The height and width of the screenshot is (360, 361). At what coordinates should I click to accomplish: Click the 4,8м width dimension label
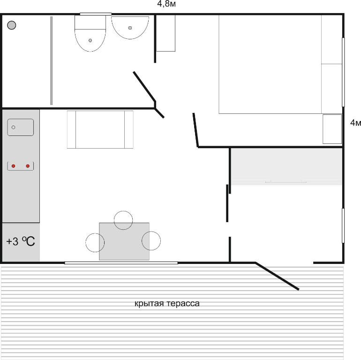166,4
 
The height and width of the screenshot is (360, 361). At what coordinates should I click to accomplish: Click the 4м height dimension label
355,123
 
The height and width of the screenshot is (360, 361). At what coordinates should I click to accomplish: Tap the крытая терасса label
167,303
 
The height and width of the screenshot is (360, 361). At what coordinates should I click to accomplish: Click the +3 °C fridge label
21,241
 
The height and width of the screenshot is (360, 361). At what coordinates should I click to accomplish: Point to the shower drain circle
12,25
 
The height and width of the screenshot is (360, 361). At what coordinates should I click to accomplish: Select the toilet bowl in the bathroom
90,33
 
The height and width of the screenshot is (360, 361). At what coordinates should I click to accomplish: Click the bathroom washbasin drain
130,28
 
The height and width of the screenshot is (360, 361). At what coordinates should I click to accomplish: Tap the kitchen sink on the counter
21,127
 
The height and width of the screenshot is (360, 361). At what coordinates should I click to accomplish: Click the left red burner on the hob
13,166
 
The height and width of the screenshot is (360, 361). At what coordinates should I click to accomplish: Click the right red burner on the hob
28,166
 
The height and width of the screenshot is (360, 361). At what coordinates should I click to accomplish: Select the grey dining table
124,241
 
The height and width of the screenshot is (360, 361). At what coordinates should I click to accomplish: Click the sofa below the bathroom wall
100,129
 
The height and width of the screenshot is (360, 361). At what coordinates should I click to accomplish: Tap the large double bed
270,64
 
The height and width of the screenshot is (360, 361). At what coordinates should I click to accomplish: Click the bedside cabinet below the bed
332,129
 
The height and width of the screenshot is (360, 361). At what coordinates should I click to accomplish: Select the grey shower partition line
52,60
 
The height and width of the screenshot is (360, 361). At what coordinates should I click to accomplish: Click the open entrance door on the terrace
277,276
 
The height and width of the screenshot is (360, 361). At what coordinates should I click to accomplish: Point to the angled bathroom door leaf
144,87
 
